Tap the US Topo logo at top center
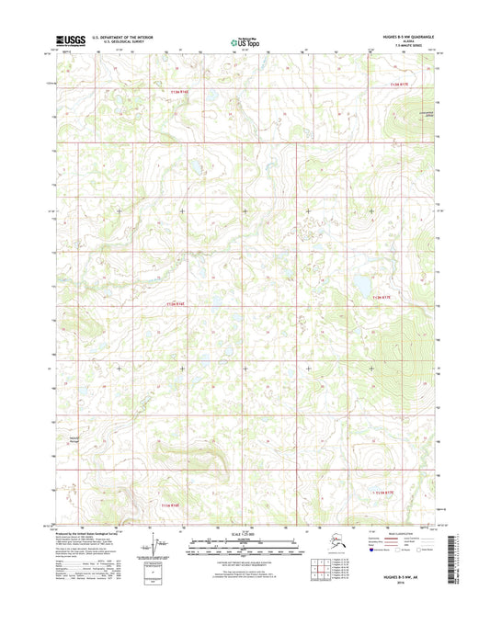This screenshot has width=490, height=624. point(245,40)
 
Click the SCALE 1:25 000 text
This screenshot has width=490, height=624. point(245,536)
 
